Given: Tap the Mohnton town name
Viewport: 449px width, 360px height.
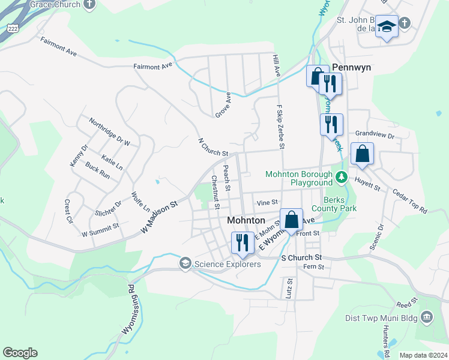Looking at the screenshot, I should (x=246, y=220).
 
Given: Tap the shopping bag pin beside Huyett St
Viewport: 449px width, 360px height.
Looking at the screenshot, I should (x=363, y=154).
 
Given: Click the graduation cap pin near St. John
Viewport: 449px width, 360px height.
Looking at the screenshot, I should (x=387, y=26).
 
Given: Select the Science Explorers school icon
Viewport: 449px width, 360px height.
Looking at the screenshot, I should (x=185, y=263).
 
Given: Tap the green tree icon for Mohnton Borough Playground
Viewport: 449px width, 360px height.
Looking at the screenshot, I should (x=341, y=177).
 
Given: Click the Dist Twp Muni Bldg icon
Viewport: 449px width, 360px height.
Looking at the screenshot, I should (x=427, y=316).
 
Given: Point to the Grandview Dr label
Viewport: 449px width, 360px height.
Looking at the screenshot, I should (x=374, y=135).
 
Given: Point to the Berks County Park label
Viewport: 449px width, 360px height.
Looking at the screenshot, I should (x=340, y=204).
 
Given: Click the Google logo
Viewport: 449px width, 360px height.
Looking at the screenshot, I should (x=20, y=353).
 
